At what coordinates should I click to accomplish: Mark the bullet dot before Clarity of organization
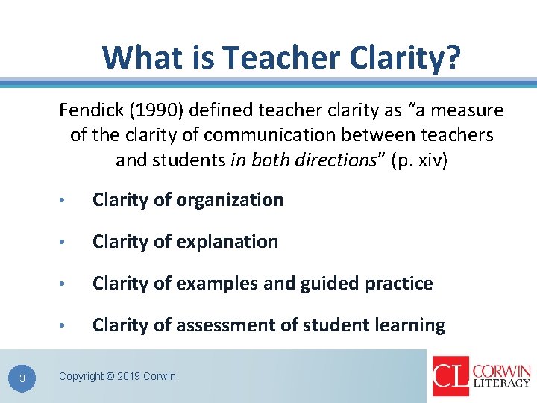click(67, 201)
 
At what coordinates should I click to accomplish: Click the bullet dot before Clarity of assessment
click(67, 326)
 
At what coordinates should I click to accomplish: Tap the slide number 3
click(22, 378)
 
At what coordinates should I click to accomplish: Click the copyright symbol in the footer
click(110, 376)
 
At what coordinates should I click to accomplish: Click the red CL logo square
click(450, 375)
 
